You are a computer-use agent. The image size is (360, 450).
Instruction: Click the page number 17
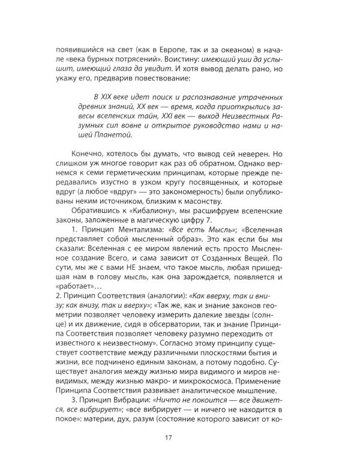180,427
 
